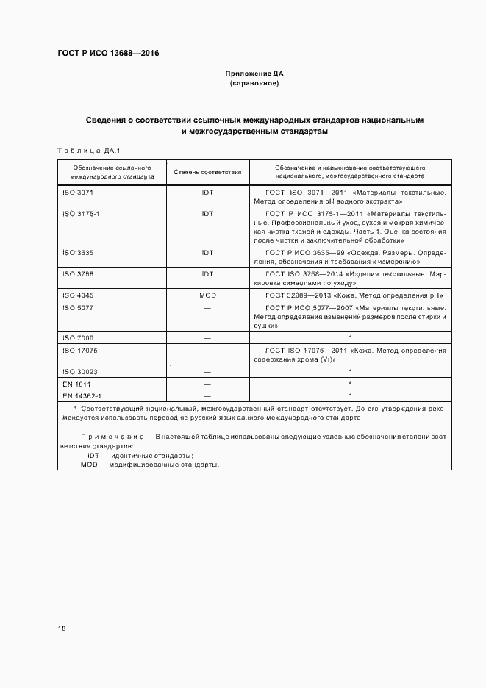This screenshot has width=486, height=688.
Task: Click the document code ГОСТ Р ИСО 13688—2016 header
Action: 108,54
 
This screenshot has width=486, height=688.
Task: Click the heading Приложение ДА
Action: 254,74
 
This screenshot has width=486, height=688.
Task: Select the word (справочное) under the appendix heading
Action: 254,83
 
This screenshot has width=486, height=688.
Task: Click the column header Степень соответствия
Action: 207,172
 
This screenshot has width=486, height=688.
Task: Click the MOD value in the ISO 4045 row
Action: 207,295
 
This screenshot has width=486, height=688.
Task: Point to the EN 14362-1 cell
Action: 82,395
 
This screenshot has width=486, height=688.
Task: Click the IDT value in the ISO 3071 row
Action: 207,192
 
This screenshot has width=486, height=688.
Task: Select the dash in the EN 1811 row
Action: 207,384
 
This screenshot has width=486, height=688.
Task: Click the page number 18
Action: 62,628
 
